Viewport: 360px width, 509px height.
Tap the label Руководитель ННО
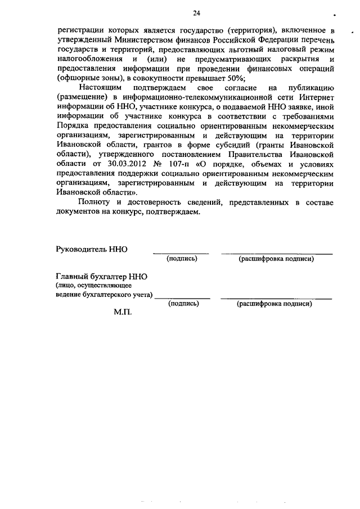(92, 249)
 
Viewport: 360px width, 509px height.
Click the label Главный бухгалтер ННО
(102, 277)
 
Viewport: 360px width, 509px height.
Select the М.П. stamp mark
(122, 312)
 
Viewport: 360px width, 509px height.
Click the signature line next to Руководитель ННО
(181, 253)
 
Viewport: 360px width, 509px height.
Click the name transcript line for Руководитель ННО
(276, 253)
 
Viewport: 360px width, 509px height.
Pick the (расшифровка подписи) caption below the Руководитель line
(276, 259)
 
